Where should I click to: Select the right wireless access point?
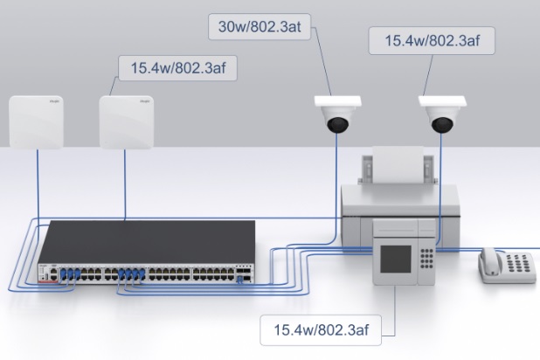(128, 121)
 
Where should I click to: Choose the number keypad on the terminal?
(426, 260)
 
